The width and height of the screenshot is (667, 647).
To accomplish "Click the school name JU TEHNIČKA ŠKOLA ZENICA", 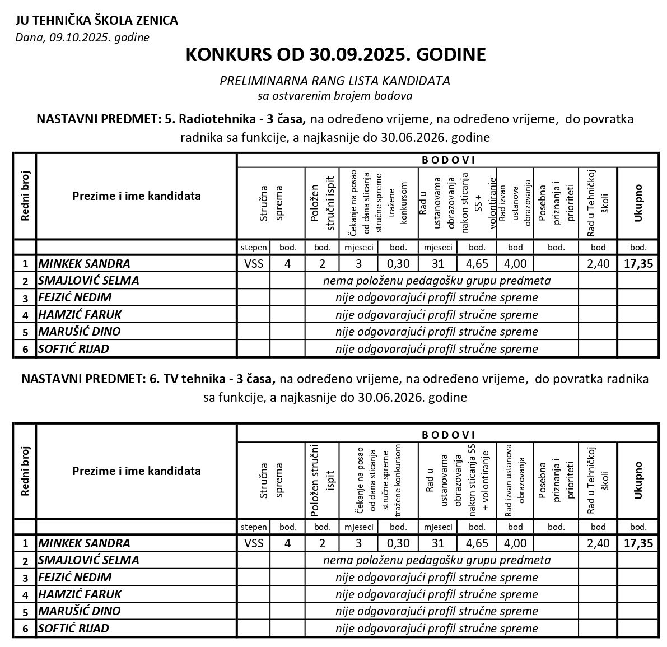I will [97, 21].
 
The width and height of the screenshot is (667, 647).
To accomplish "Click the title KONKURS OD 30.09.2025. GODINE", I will [335, 55].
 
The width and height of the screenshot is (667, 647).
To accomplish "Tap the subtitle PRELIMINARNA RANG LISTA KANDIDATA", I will [335, 81].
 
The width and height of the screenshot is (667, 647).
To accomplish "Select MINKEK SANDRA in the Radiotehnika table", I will [84, 264].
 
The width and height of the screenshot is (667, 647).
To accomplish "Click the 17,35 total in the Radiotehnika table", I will [638, 264].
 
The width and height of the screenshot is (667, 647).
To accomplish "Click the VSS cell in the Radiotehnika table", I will [254, 264].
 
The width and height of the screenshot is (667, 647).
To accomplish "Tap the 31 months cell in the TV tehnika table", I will [438, 543].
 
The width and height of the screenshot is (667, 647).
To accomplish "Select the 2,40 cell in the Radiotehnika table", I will [598, 264].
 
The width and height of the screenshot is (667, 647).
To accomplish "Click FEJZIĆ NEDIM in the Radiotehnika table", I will [74, 297].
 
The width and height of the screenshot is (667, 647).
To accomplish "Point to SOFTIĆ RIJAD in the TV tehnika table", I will [73, 628].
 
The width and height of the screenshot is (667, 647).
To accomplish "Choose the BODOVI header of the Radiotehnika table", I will [447, 160].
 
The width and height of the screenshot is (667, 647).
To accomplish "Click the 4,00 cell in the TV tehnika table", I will [515, 543].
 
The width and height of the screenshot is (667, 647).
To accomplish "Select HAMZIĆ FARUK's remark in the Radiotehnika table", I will [436, 314].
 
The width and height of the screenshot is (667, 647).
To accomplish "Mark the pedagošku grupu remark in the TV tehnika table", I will [437, 560].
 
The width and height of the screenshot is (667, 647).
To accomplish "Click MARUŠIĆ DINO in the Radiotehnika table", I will [79, 331].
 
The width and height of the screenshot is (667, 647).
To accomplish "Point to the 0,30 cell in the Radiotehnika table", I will [398, 264].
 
